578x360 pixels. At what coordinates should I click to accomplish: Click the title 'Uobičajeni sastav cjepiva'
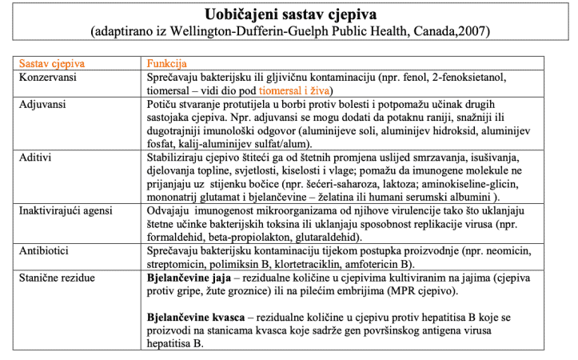[x=289, y=14]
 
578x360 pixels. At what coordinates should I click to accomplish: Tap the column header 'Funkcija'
[x=166, y=63]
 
